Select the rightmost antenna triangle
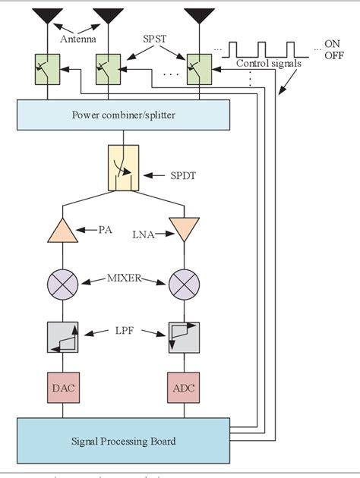point(199,15)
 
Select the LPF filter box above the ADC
point(185,337)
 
